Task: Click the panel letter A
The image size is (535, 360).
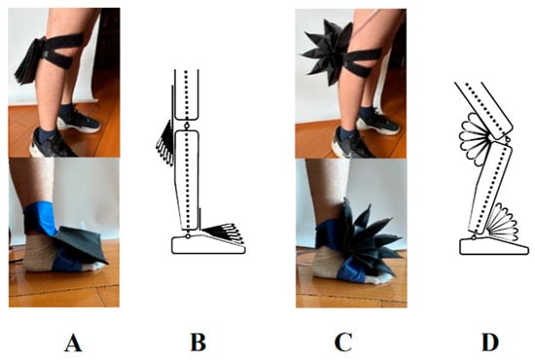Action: [x=73, y=342]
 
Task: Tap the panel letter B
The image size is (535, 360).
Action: [x=198, y=342]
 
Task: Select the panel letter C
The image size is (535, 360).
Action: [x=343, y=342]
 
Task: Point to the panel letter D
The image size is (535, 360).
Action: [x=490, y=342]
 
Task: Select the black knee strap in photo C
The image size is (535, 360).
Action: [x=362, y=62]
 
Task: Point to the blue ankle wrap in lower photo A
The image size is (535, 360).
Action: [x=41, y=218]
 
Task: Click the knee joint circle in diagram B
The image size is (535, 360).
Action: [x=187, y=126]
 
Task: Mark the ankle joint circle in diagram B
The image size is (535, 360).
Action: [x=188, y=235]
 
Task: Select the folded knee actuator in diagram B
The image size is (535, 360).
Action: [x=165, y=143]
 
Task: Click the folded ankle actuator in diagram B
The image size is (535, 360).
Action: [x=223, y=234]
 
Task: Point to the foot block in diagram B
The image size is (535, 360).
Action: [x=208, y=246]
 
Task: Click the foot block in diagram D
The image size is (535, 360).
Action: [x=494, y=247]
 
